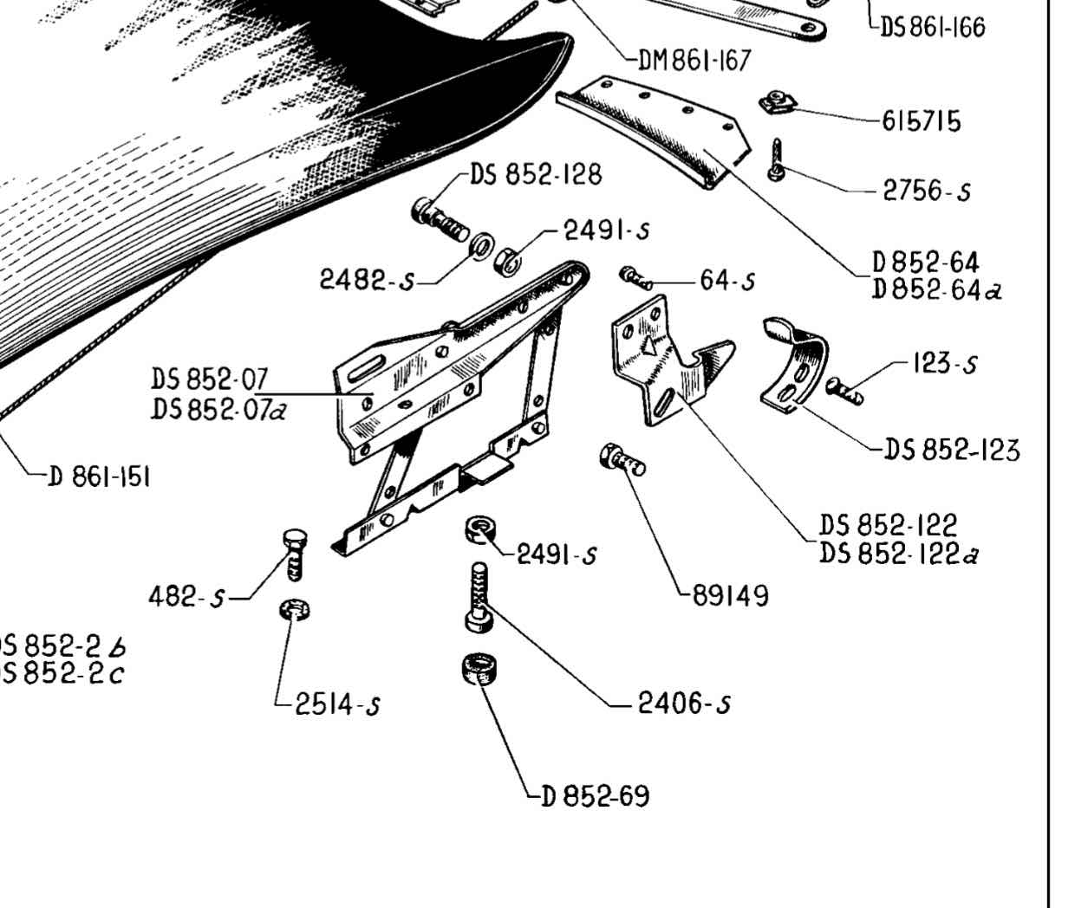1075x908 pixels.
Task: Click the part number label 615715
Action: tap(922, 121)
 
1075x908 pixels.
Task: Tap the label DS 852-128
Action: tap(535, 174)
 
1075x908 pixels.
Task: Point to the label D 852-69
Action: tap(595, 795)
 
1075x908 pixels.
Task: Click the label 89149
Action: tap(730, 596)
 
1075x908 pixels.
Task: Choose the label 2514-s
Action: tap(337, 705)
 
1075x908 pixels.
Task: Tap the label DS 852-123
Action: tap(951, 451)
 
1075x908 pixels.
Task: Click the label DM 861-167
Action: tap(694, 61)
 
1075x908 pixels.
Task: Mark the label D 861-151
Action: tap(99, 477)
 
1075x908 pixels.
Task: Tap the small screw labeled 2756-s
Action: tap(777, 160)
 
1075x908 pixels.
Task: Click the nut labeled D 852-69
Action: tap(479, 671)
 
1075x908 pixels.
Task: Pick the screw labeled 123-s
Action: tap(845, 390)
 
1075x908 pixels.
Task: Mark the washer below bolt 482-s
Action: tap(296, 609)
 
